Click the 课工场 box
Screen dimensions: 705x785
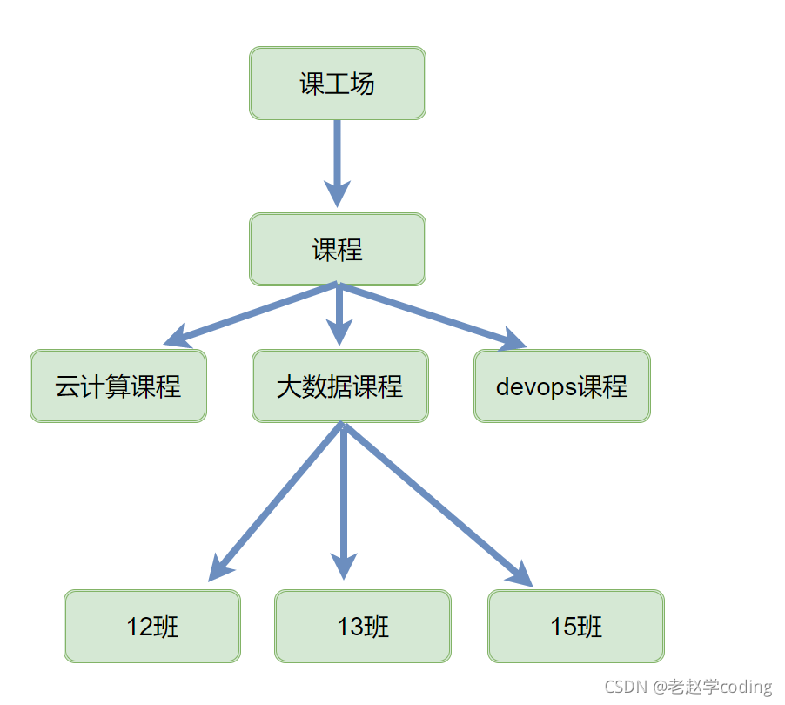point(338,84)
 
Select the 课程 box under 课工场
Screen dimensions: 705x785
point(338,250)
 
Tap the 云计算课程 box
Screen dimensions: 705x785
point(118,386)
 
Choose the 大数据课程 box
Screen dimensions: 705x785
point(340,386)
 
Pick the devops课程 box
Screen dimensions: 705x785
point(562,386)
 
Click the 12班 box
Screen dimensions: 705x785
point(152,627)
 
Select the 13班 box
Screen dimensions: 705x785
point(363,627)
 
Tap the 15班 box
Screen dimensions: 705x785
point(576,627)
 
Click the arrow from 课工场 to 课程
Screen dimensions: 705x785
point(338,161)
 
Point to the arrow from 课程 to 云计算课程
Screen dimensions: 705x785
point(252,312)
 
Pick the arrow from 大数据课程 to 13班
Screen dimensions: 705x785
point(344,500)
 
